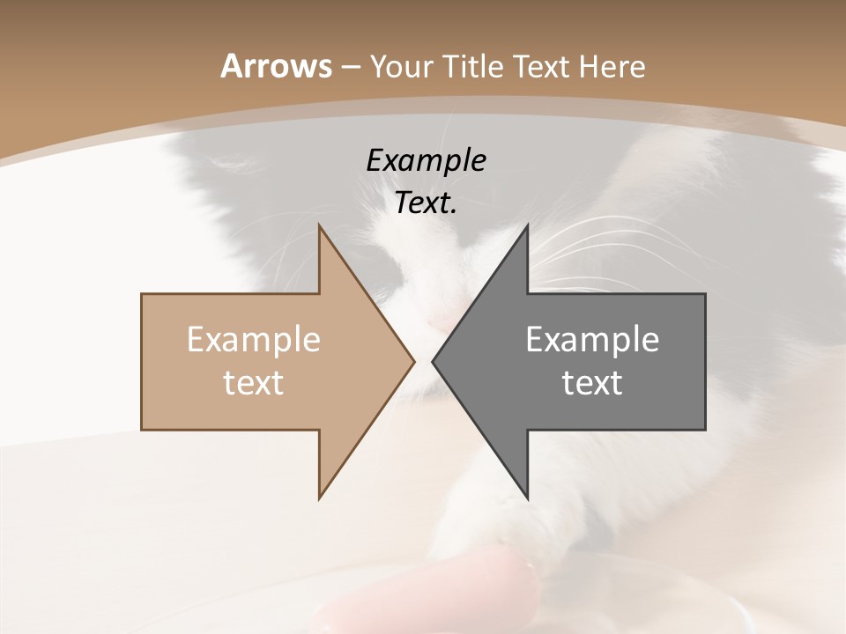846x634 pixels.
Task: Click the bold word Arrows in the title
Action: click(x=275, y=66)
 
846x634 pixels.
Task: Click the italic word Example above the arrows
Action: click(x=426, y=161)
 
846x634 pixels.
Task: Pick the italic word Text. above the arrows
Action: click(x=426, y=203)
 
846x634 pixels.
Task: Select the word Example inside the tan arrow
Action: click(x=254, y=339)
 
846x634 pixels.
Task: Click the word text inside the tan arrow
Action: click(x=254, y=382)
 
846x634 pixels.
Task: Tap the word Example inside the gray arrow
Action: click(x=592, y=339)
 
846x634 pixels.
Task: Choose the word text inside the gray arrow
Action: click(x=592, y=382)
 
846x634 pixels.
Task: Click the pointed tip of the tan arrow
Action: click(x=413, y=361)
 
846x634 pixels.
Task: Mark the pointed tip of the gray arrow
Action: click(x=434, y=361)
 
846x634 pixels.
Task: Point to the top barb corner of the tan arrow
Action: click(x=320, y=226)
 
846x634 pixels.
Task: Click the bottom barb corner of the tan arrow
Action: click(x=320, y=498)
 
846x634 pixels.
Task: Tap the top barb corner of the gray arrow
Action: click(x=527, y=226)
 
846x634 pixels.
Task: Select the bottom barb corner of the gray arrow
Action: click(x=527, y=498)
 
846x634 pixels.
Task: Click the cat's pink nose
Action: click(x=438, y=326)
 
